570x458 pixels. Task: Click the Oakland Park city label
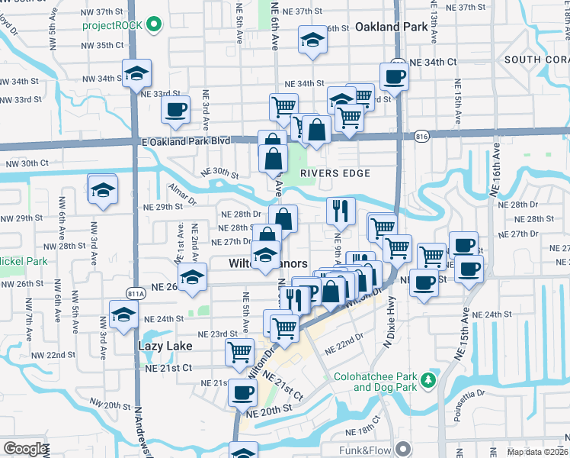389,27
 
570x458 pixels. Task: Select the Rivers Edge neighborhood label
335,173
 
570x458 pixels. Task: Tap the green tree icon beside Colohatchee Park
429,379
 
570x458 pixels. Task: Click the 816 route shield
421,136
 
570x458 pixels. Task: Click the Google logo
24,449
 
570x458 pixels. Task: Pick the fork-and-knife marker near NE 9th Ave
341,210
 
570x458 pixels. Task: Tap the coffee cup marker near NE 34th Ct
394,76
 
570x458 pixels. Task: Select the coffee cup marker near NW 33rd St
175,109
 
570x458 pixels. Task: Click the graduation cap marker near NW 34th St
137,73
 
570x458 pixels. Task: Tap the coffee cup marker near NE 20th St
243,393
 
